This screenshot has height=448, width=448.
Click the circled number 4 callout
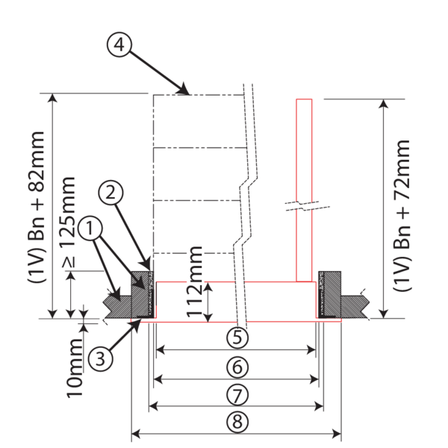point(119,46)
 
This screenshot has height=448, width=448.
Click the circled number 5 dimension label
point(237,338)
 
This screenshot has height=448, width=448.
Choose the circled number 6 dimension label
point(237,367)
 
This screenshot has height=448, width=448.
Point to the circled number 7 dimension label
point(237,394)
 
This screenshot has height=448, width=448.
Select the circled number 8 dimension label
point(237,422)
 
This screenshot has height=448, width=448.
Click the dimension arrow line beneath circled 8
point(237,433)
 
